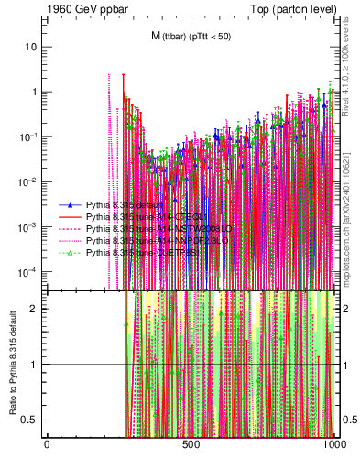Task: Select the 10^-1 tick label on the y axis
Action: pyautogui.click(x=30, y=136)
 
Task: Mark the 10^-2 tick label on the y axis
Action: pyautogui.click(x=30, y=181)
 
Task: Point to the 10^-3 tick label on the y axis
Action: pyautogui.click(x=30, y=226)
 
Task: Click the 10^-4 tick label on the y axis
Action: pyautogui.click(x=30, y=271)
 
